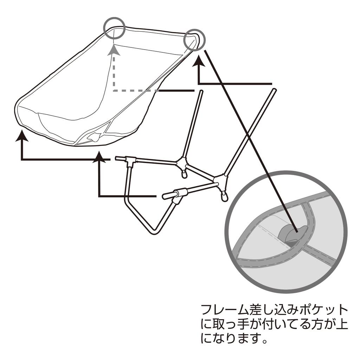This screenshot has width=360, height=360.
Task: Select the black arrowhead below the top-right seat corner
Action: pyautogui.click(x=199, y=61)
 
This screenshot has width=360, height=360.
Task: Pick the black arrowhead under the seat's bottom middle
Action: pyautogui.click(x=99, y=157)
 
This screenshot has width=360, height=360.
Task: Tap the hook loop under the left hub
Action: pyautogui.click(x=184, y=174)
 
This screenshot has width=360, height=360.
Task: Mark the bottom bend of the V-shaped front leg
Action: pyautogui.click(x=153, y=232)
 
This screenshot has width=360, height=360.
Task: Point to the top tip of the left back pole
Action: pyautogui.click(x=201, y=91)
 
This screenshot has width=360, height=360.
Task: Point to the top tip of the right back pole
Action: pyautogui.click(x=275, y=90)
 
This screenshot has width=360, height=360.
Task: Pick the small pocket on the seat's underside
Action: pyautogui.click(x=95, y=137)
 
